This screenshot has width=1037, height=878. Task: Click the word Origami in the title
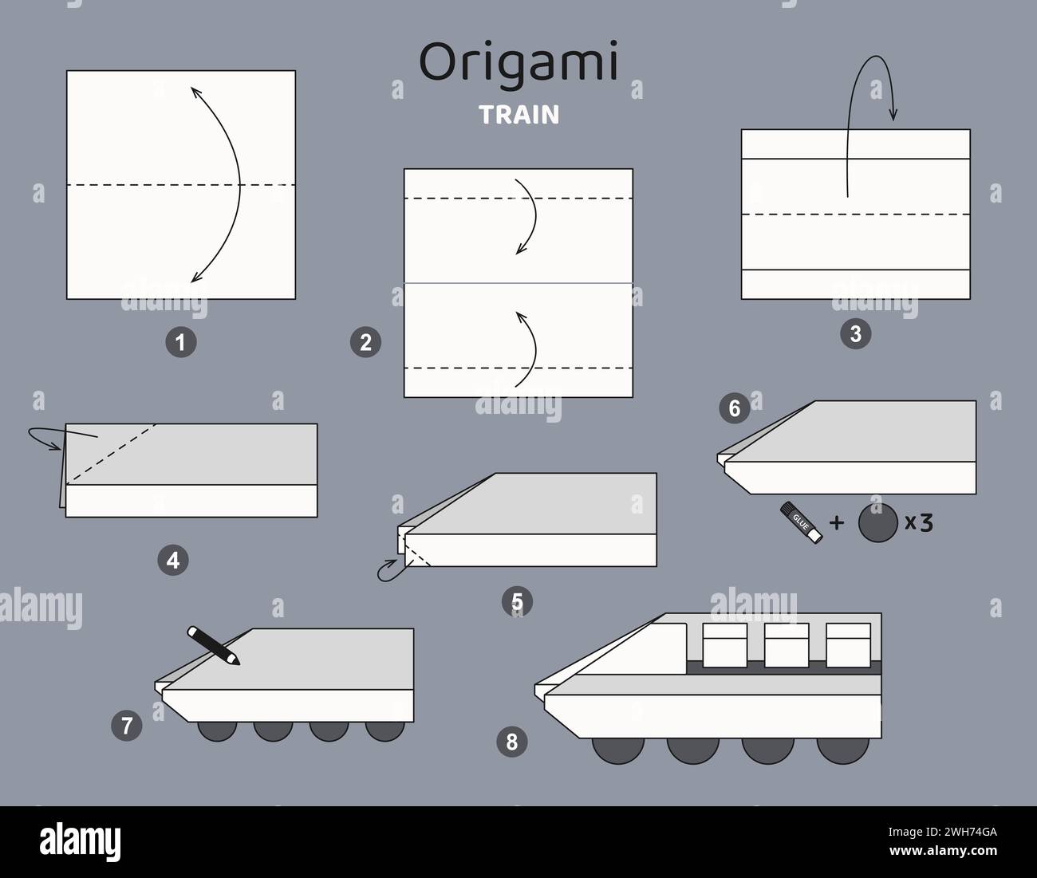click(x=518, y=64)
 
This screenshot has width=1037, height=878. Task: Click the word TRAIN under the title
click(x=519, y=115)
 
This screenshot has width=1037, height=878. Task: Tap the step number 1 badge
click(x=180, y=343)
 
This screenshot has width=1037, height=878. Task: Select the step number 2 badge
click(x=365, y=343)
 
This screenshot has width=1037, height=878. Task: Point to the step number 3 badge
click(x=855, y=334)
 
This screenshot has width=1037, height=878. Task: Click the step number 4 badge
click(x=173, y=561)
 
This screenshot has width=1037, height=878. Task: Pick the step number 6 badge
click(x=734, y=409)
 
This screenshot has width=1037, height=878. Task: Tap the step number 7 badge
click(x=127, y=725)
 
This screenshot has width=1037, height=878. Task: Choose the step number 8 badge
click(x=511, y=742)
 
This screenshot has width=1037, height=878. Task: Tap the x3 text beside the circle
click(x=918, y=522)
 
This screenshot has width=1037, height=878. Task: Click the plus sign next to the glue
click(x=836, y=523)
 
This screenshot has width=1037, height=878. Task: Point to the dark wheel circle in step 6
click(x=877, y=524)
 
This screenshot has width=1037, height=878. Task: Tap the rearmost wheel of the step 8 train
click(x=843, y=747)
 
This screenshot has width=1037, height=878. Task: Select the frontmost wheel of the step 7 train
click(x=217, y=729)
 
